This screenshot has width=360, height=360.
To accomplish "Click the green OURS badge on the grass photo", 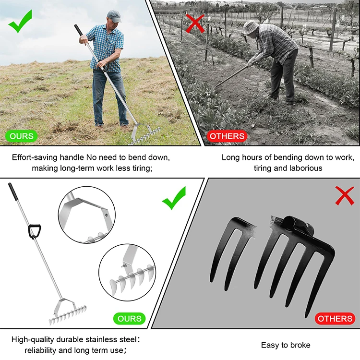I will (22, 136).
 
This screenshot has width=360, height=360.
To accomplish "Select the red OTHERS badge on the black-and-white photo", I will (227, 136).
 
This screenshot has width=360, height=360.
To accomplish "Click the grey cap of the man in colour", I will (113, 15).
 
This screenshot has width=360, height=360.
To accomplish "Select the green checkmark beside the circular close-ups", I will (174, 199).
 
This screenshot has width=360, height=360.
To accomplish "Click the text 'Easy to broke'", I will (285, 345).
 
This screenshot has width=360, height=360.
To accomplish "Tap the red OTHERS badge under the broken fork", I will (335, 318).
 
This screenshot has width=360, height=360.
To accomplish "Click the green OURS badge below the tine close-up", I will (130, 318).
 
